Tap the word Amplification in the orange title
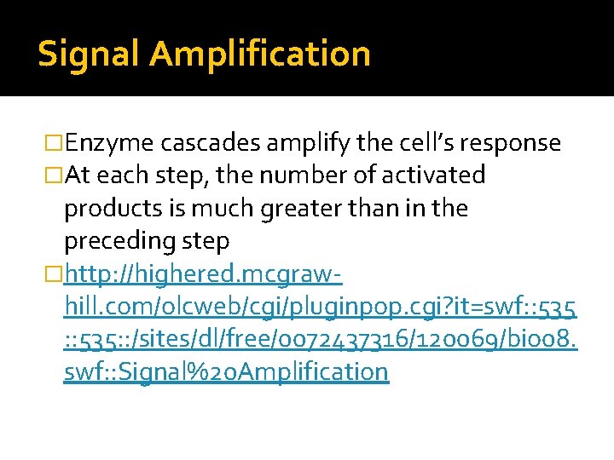pyautogui.click(x=260, y=55)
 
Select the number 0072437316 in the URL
pyautogui.click(x=316, y=339)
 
